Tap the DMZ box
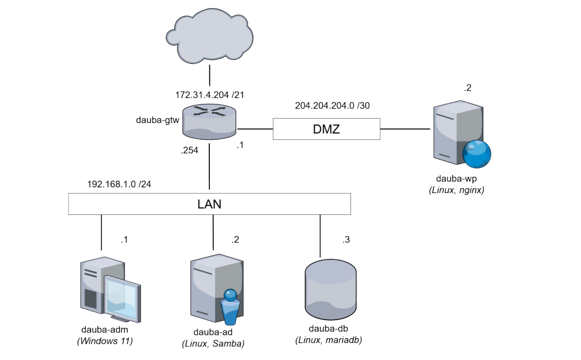327,129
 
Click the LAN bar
209,204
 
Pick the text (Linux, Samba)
213,343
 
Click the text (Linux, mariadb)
329,340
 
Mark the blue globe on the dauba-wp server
477,154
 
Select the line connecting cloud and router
209,76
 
